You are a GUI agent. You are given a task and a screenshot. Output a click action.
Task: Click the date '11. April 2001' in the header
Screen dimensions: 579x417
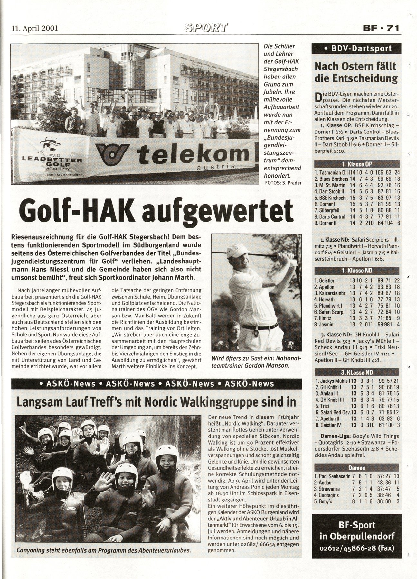click(34, 28)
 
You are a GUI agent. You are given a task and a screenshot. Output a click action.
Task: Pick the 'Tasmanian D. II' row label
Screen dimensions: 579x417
click(331, 173)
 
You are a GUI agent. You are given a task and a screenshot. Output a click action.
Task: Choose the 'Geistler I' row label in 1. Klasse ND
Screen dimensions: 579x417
click(326, 280)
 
